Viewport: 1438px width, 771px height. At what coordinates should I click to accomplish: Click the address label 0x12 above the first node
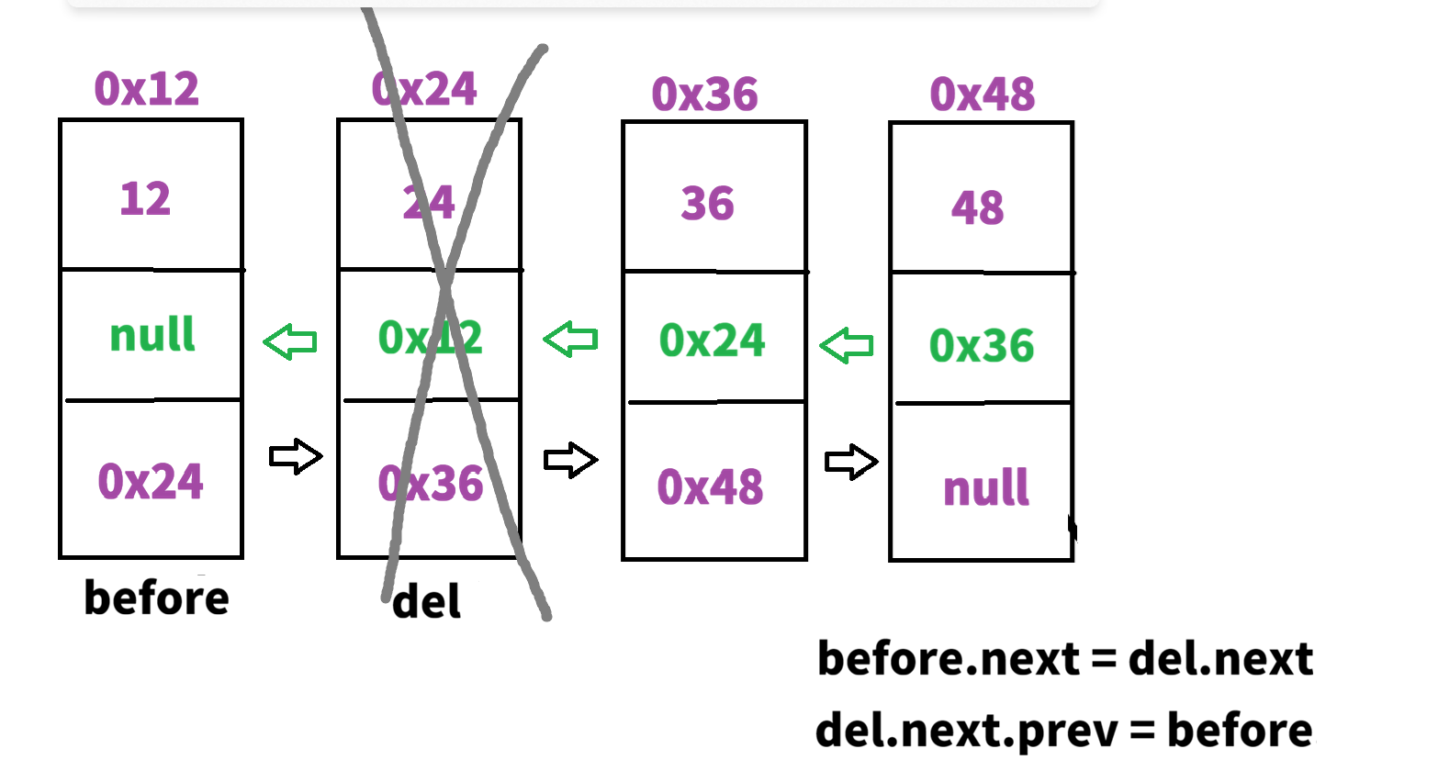coord(147,89)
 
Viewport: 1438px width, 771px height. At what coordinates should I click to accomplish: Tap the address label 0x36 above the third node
coord(705,95)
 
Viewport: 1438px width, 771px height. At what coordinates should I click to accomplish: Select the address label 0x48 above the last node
coord(983,95)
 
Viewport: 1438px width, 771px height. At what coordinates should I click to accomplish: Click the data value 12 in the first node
coord(145,199)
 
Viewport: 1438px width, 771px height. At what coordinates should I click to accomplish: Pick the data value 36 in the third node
coord(708,204)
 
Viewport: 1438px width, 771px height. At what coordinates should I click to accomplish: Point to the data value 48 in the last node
coord(978,208)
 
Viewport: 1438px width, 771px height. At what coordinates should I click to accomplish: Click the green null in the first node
coord(152,334)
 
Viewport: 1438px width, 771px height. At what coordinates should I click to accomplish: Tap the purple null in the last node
coord(986,487)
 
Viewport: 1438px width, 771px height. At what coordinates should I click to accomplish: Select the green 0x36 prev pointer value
coord(982,346)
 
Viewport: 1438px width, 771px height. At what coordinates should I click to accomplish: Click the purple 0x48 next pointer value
coord(710,487)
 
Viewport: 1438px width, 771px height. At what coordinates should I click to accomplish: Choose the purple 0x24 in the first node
coord(151,482)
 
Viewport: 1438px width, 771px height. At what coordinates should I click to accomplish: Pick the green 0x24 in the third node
coord(712,341)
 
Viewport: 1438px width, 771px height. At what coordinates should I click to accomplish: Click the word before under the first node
coord(156,598)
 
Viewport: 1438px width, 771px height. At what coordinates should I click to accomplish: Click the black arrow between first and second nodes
coord(296,456)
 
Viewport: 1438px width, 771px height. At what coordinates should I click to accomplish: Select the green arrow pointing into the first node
coord(290,342)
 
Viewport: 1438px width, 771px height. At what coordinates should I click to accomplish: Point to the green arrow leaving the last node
coord(846,346)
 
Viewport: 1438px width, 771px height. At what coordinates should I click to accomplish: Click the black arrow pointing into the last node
coord(851,462)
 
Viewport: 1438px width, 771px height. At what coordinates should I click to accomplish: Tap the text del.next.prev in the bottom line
coord(966,732)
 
